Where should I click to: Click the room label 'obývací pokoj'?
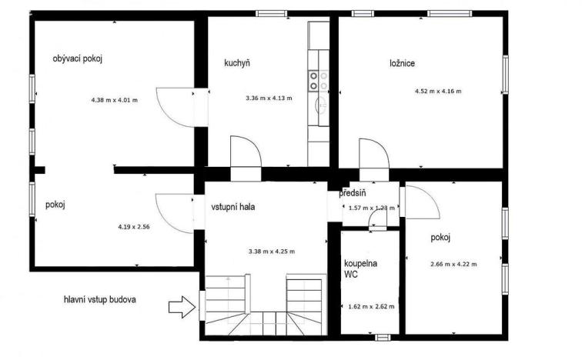pos(77,58)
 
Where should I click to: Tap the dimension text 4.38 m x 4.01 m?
pos(114,100)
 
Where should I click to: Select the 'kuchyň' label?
pos(237,63)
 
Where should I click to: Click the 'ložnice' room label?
pos(402,63)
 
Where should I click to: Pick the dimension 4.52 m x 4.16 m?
pos(437,92)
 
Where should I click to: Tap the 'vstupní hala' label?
pos(233,207)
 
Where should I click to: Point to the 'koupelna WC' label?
pos(361,268)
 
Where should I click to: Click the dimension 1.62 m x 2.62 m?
pos(371,306)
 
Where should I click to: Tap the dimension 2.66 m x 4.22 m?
pos(453,265)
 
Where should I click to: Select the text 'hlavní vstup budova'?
pos(100,299)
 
